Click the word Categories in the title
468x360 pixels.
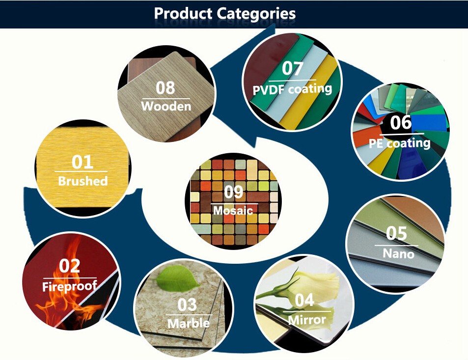click(256, 14)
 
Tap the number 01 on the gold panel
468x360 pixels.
click(83, 162)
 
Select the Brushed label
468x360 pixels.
click(83, 181)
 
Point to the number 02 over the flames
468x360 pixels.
click(69, 266)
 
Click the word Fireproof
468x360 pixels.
click(70, 286)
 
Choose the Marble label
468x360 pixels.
click(189, 323)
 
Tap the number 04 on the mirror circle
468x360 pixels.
click(304, 300)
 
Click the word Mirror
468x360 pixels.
click(307, 320)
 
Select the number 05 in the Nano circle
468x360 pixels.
click(396, 233)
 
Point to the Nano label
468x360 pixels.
click(398, 253)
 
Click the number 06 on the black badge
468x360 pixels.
click(401, 122)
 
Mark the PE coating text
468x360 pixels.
click(399, 143)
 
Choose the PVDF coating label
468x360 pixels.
click(292, 89)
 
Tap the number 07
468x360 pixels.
click(293, 68)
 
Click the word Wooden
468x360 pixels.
click(166, 106)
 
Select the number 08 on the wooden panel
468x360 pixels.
click(165, 88)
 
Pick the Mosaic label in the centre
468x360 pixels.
click(233, 210)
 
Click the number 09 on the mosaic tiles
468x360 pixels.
click(233, 192)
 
